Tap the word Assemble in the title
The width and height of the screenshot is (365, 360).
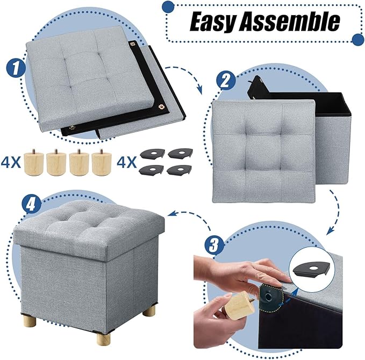coord(291,22)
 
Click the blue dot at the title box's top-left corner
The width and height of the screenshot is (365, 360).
coord(168,6)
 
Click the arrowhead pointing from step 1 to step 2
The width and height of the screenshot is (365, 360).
coord(201,90)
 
